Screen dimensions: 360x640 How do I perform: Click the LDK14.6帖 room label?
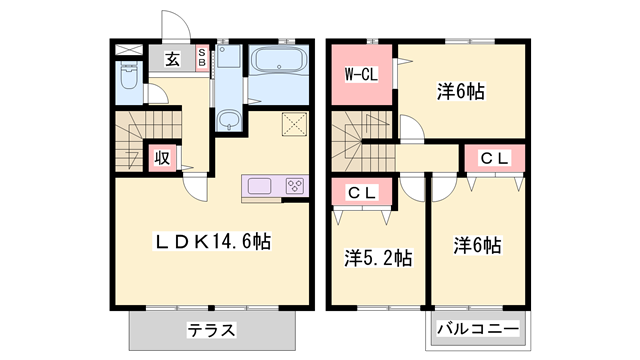click(212, 241)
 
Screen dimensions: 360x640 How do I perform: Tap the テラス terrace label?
click(211, 328)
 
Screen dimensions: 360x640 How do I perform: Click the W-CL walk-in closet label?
click(362, 73)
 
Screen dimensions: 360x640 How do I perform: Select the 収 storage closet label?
click(160, 158)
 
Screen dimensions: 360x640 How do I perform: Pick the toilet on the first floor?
click(128, 78)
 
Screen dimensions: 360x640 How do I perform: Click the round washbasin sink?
click(229, 122)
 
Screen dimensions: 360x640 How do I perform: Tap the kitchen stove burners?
click(296, 185)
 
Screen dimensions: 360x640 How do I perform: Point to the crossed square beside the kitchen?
click(295, 124)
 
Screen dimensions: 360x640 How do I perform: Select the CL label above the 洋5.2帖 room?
click(362, 192)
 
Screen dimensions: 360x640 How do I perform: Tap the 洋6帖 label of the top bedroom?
click(461, 92)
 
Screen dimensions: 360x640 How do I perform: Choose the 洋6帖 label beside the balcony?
click(477, 245)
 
